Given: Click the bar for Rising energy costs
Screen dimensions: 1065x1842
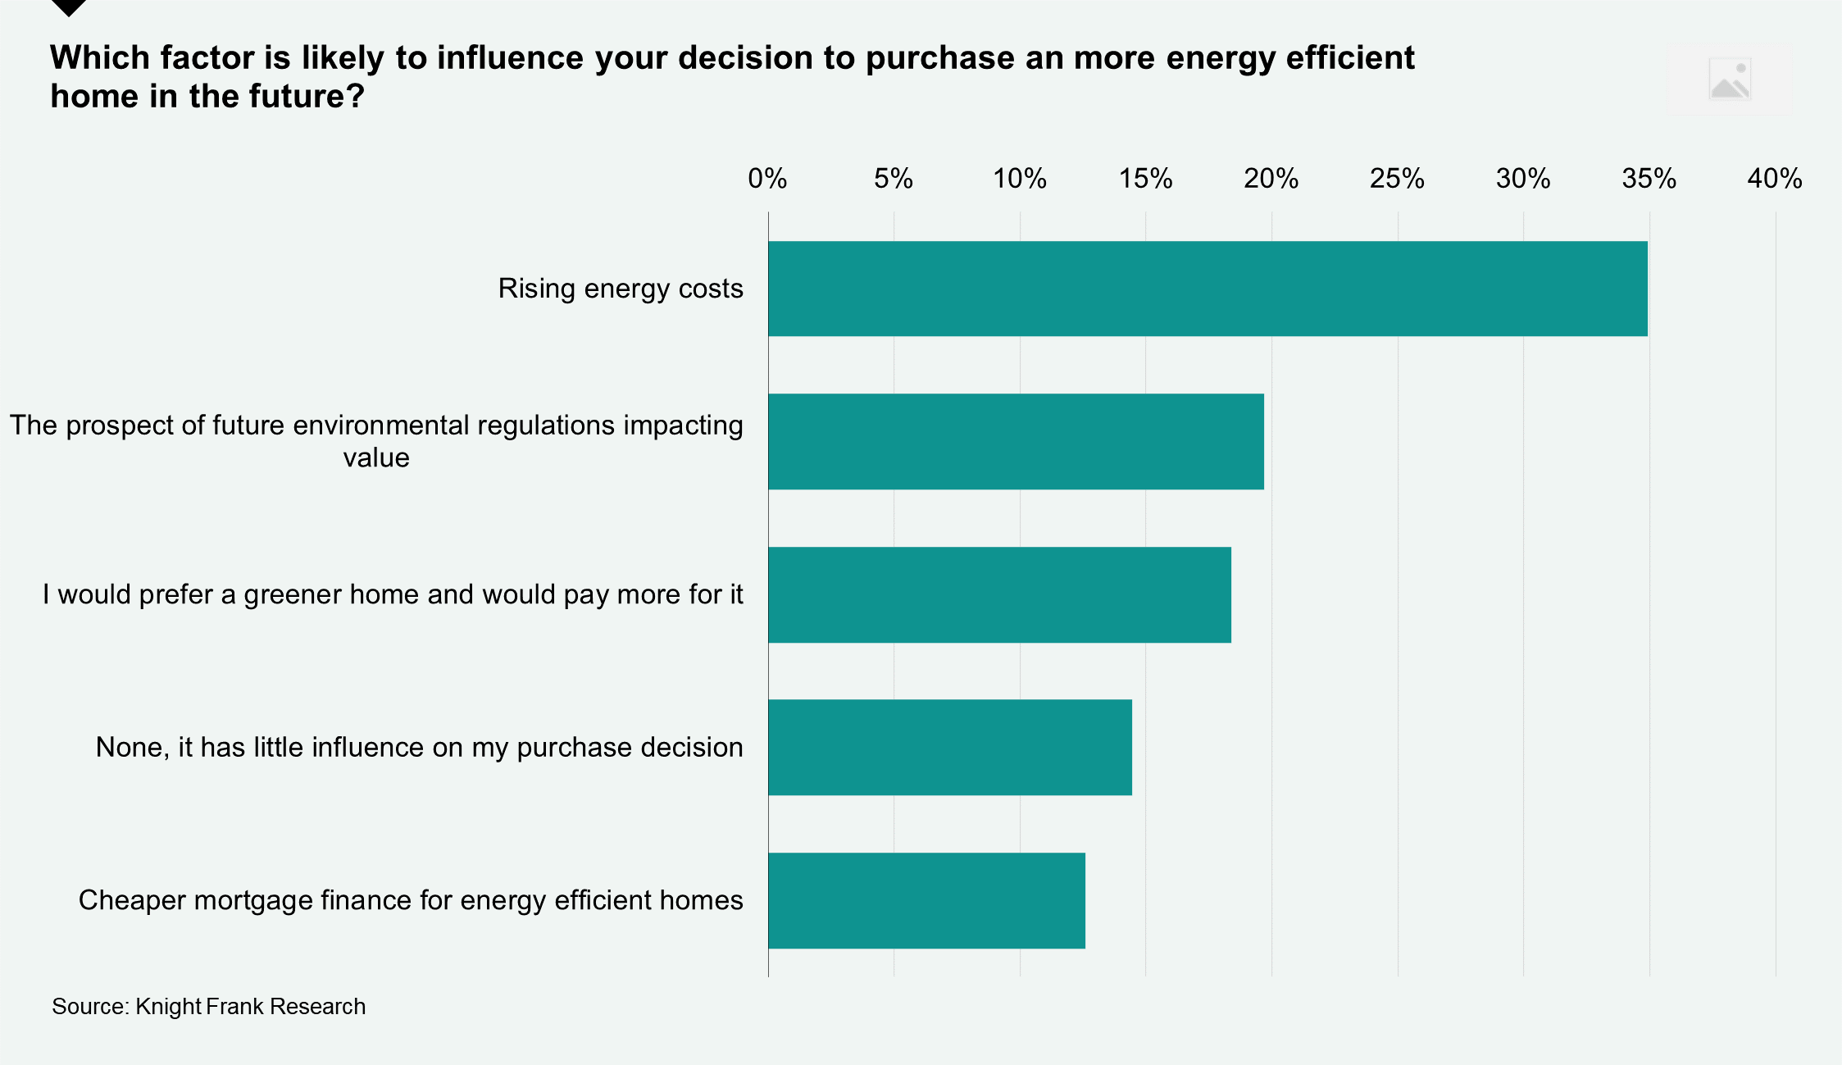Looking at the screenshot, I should [x=1208, y=289].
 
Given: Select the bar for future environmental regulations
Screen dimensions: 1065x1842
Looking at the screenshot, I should [x=1016, y=442].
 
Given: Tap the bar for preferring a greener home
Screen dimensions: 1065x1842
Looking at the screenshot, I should [x=999, y=594].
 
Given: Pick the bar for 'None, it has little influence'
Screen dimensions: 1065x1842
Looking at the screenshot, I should [x=950, y=747].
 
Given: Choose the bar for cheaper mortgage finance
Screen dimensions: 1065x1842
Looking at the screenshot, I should [x=926, y=900].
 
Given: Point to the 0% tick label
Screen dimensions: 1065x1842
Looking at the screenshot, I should [x=767, y=179].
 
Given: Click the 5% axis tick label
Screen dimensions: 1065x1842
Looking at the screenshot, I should [x=893, y=179].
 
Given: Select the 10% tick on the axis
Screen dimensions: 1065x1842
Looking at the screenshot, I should [x=1019, y=179].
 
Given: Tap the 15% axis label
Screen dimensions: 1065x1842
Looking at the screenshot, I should [x=1145, y=179].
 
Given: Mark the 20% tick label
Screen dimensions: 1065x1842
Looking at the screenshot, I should [x=1271, y=179].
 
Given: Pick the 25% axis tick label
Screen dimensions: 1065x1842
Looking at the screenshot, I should [x=1397, y=179].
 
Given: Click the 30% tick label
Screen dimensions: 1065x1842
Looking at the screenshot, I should [x=1522, y=179].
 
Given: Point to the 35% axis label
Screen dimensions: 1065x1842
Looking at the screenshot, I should [x=1649, y=179].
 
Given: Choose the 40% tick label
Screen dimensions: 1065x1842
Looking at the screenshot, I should [x=1774, y=179].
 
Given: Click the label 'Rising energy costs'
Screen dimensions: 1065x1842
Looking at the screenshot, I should [x=621, y=289].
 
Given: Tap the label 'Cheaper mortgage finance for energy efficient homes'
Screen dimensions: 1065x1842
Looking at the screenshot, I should [x=411, y=900].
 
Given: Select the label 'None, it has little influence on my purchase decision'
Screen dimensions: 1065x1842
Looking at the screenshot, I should [x=419, y=747].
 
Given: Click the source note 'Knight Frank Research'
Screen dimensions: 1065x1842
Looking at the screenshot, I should [x=208, y=1006].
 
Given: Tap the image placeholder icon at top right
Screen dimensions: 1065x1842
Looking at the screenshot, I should [x=1730, y=80].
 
